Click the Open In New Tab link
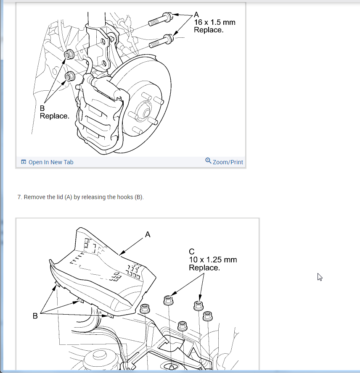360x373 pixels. coord(50,162)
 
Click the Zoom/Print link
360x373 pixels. coord(228,162)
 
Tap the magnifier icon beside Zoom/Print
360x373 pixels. coord(208,161)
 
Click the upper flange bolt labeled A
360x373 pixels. coord(159,19)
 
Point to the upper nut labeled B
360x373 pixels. coord(69,54)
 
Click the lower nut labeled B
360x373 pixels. coord(70,76)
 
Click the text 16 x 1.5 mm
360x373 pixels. coord(214,22)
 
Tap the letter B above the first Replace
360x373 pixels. coord(42,108)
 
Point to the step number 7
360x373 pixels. coord(19,197)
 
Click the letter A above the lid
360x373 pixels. coord(147,234)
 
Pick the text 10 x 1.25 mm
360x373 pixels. coord(213,260)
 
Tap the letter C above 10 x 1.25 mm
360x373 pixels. coord(192,252)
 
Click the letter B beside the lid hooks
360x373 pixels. coord(35,315)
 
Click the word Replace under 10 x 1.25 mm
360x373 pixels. coord(204,268)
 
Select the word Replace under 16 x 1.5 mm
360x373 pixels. coord(209,30)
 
